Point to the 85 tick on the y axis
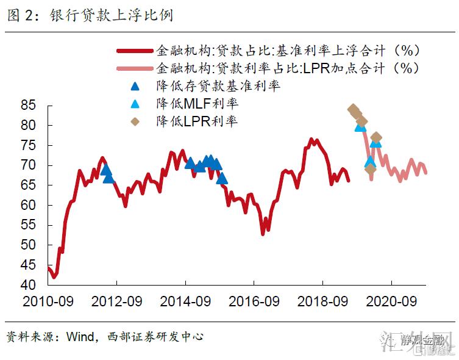[29, 106]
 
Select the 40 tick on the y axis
[29, 285]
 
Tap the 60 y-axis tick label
[29, 205]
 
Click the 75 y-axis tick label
[29, 145]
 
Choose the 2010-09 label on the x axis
[48, 301]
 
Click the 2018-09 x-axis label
[322, 301]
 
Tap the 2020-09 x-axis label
[391, 301]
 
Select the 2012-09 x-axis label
[116, 301]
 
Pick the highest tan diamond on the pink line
[352, 110]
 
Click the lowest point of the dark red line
[54, 277]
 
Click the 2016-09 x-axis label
[254, 301]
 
